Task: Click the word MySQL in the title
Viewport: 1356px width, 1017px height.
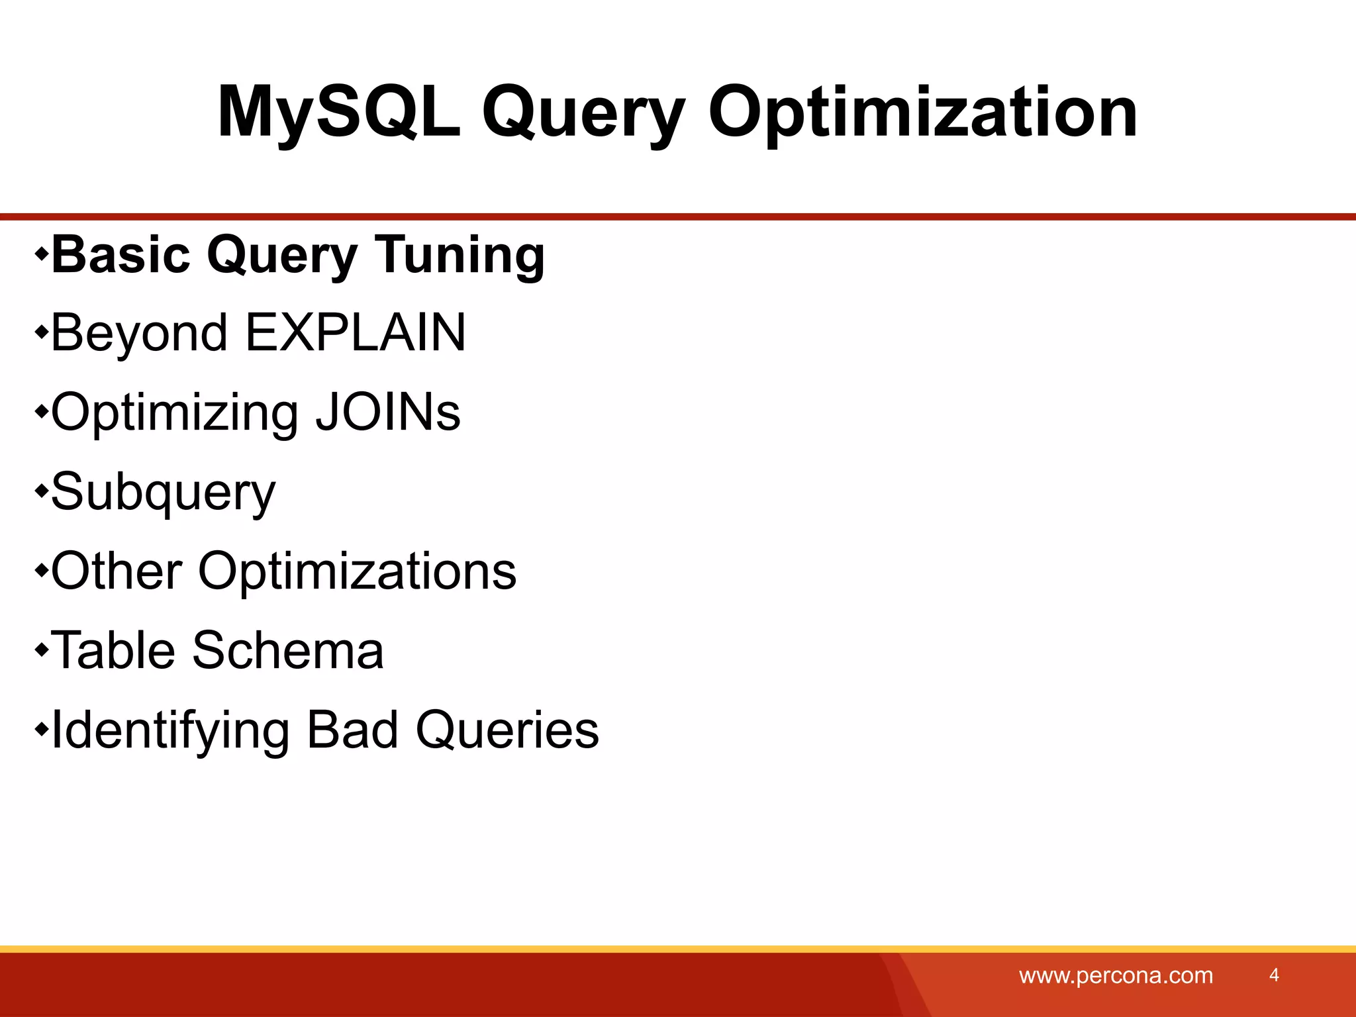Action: pyautogui.click(x=338, y=113)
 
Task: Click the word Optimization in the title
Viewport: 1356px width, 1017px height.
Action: pyautogui.click(x=922, y=113)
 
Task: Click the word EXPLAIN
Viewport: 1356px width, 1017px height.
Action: pyautogui.click(x=356, y=332)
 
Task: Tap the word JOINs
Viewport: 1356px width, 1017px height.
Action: pyautogui.click(x=387, y=412)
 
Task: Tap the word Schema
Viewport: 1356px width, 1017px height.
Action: pyautogui.click(x=287, y=650)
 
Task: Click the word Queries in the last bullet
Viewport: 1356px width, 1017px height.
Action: pyautogui.click(x=507, y=731)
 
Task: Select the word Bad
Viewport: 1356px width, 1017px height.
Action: pyautogui.click(x=353, y=730)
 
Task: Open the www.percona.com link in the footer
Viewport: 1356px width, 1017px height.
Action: pyautogui.click(x=1116, y=976)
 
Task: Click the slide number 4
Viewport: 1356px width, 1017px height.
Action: pyautogui.click(x=1274, y=975)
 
